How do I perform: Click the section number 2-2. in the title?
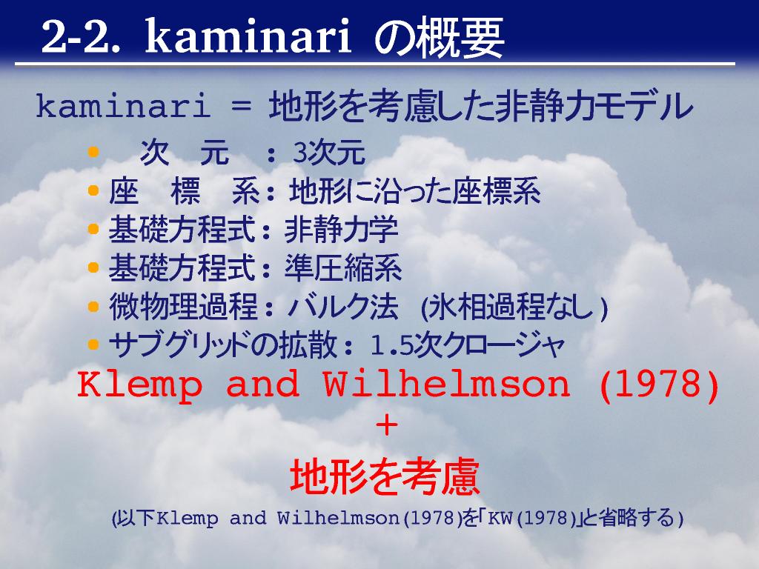pyautogui.click(x=80, y=38)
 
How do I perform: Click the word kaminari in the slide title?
pyautogui.click(x=248, y=37)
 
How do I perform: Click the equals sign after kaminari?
pyautogui.click(x=241, y=107)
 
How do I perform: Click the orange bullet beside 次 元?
pyautogui.click(x=93, y=153)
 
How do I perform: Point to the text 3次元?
pyautogui.click(x=328, y=153)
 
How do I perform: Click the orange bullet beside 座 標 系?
pyautogui.click(x=93, y=190)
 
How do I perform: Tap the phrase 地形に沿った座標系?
pyautogui.click(x=415, y=191)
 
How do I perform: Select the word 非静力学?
pyautogui.click(x=341, y=230)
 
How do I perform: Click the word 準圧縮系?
pyautogui.click(x=342, y=267)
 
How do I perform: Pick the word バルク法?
pyautogui.click(x=342, y=306)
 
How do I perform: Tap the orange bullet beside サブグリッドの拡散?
pyautogui.click(x=93, y=345)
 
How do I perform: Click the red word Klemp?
pyautogui.click(x=140, y=385)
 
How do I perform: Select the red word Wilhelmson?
pyautogui.click(x=446, y=384)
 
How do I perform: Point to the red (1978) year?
pyautogui.click(x=659, y=385)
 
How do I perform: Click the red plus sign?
pyautogui.click(x=387, y=426)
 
